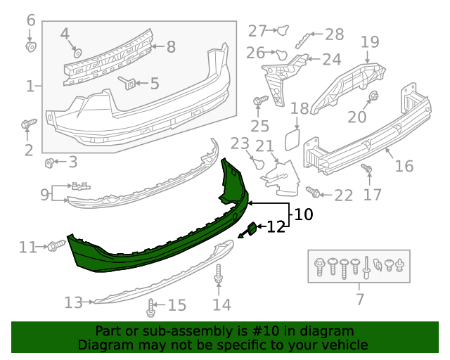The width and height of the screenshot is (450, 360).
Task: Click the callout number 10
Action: click(303, 214)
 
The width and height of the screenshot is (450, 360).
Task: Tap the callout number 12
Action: click(276, 226)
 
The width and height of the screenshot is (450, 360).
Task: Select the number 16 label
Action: click(404, 167)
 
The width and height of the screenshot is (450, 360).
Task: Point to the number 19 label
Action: click(370, 42)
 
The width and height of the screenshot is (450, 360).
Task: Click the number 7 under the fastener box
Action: click(360, 300)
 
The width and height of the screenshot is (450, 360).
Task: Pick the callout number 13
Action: click(73, 302)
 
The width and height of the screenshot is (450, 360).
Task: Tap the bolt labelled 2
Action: click(27, 125)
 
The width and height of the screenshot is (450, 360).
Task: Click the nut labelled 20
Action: click(374, 96)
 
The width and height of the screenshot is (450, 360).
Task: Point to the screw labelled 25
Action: click(257, 101)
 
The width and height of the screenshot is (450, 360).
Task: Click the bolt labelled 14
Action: click(219, 276)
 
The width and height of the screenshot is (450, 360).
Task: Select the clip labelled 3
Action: click(50, 164)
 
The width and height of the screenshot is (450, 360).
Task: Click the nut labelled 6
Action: click(30, 47)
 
